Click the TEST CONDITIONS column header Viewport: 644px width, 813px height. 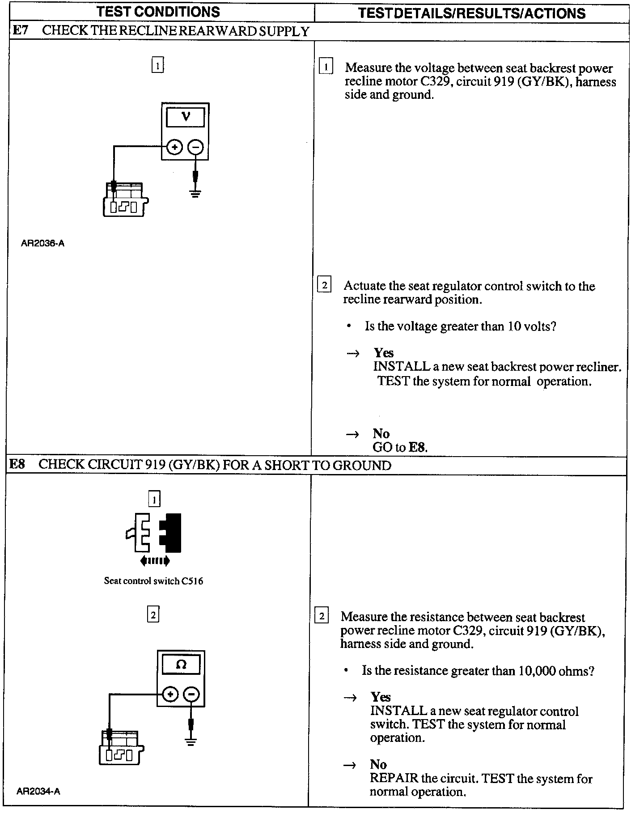(x=158, y=12)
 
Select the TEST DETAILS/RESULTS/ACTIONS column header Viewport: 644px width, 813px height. (x=472, y=13)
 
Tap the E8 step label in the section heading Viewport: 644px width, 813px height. (x=17, y=464)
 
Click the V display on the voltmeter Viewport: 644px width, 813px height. (x=186, y=117)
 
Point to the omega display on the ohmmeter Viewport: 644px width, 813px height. (x=181, y=665)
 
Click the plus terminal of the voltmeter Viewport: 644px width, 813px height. (x=174, y=147)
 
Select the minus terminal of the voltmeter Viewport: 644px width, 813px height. (x=195, y=147)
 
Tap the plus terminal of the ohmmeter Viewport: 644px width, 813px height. (x=170, y=694)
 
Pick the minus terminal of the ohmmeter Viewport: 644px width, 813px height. (x=191, y=694)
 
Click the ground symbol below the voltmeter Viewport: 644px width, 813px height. (x=195, y=193)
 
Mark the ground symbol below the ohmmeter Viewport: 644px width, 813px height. (x=191, y=742)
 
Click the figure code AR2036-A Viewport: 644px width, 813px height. (x=42, y=244)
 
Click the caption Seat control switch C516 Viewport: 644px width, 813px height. (x=153, y=581)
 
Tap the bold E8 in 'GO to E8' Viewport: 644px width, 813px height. (x=417, y=447)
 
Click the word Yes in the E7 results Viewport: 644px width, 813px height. (x=384, y=353)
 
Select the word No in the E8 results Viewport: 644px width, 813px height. (x=378, y=764)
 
